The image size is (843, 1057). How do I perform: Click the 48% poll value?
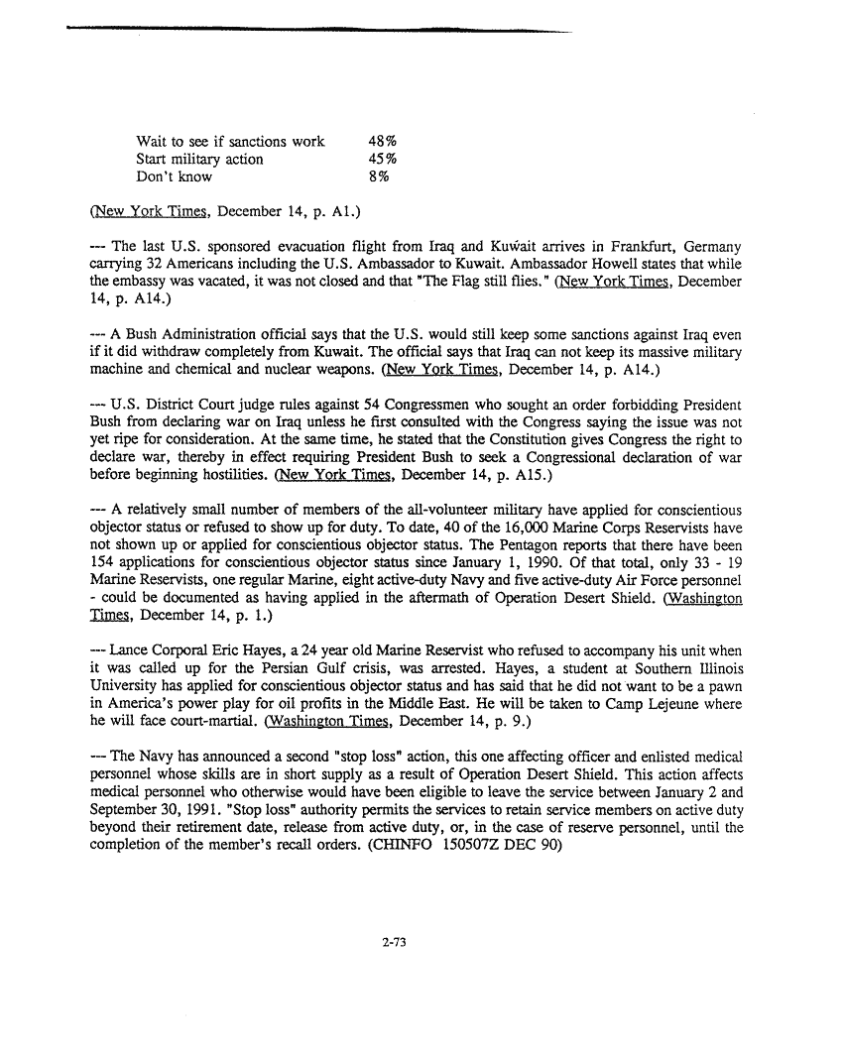pos(383,141)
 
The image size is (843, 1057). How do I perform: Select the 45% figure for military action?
pos(383,159)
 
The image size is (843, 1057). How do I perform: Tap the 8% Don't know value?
pos(378,176)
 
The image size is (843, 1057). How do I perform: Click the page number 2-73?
pos(395,943)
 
